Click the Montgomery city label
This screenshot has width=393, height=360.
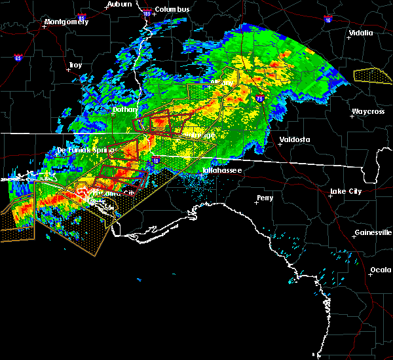click(65, 22)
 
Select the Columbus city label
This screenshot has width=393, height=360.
click(172, 9)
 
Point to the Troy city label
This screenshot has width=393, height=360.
click(75, 65)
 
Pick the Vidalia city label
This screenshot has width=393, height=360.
click(360, 33)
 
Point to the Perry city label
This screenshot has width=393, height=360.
click(265, 197)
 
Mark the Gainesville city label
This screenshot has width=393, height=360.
click(373, 233)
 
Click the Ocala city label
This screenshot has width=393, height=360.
click(380, 270)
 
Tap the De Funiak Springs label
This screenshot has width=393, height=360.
click(81, 150)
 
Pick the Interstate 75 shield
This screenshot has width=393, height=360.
click(260, 98)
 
